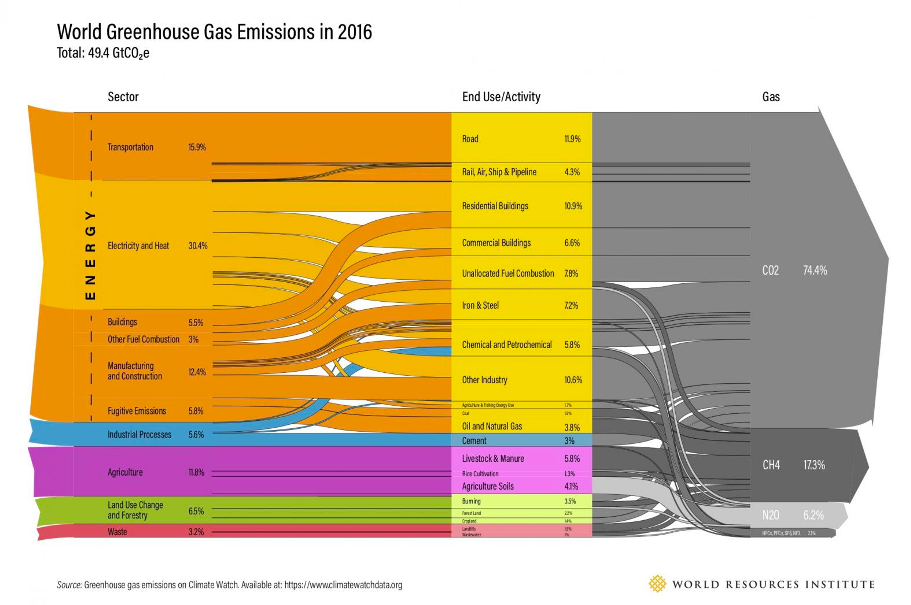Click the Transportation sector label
(x=130, y=147)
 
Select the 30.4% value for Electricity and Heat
(x=197, y=246)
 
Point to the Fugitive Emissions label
(x=137, y=411)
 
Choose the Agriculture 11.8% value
(x=196, y=472)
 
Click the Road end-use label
(x=470, y=139)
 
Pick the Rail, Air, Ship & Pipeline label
(x=499, y=172)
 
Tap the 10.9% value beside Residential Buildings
(x=573, y=206)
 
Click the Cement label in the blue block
(x=474, y=441)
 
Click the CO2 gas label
(x=770, y=270)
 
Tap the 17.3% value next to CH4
(x=814, y=465)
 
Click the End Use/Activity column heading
(x=501, y=97)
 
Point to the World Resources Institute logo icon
(x=657, y=584)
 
